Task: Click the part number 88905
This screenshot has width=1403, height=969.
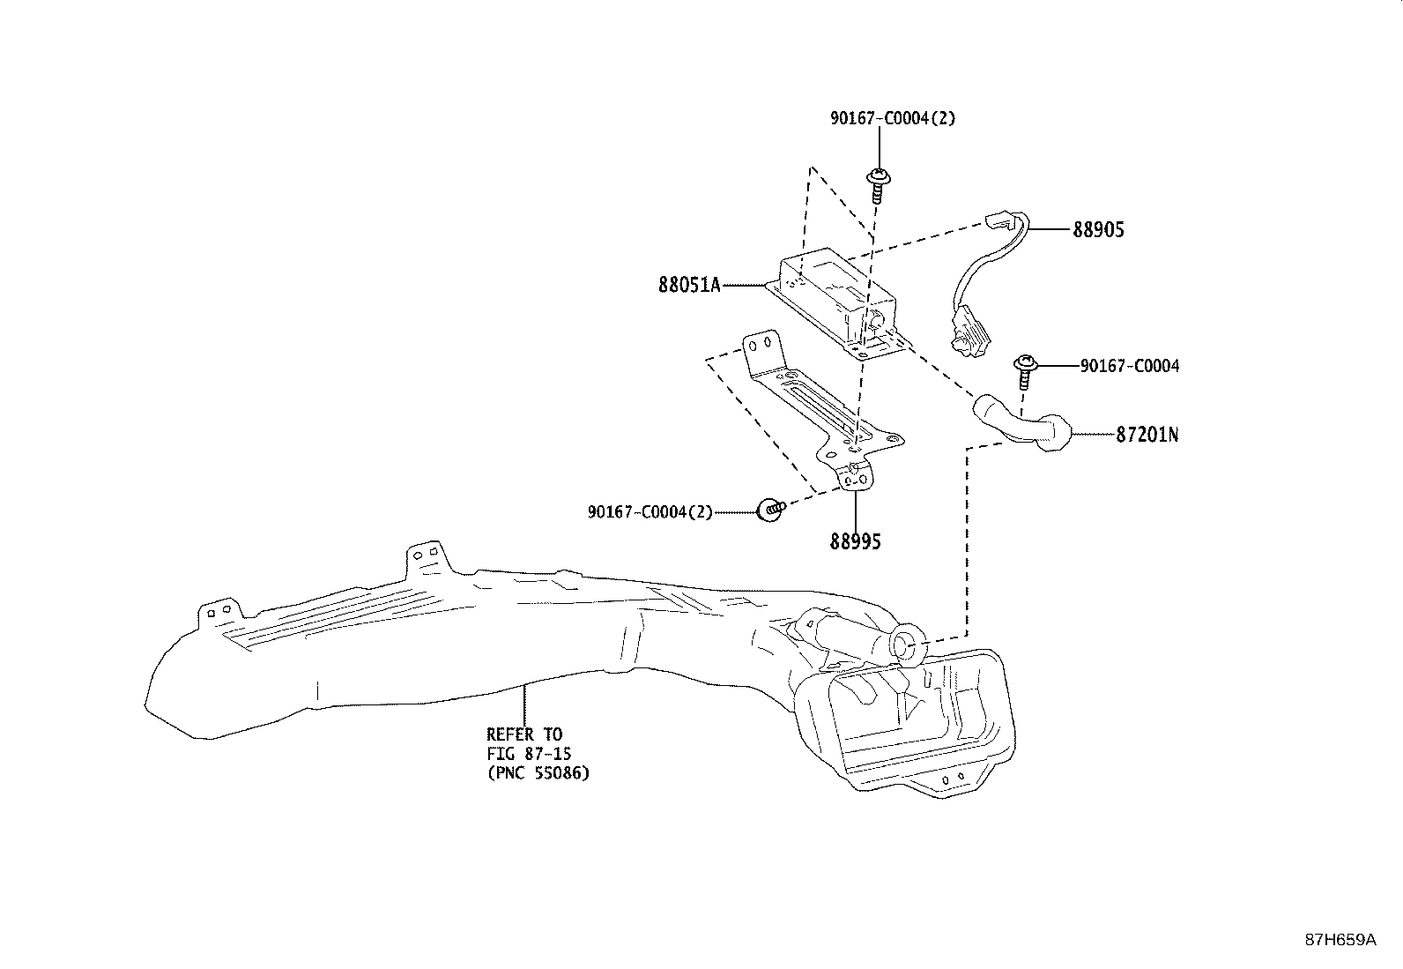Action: (x=1098, y=230)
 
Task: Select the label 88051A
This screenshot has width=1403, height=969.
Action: (x=689, y=285)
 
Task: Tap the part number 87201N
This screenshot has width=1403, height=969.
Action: (x=1147, y=435)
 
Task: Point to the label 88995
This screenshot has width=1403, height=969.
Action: (x=855, y=541)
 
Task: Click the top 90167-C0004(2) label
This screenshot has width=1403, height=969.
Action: (x=892, y=118)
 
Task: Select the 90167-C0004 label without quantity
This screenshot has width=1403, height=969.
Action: (x=1129, y=366)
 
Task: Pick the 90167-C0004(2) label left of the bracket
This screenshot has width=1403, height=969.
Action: (x=650, y=512)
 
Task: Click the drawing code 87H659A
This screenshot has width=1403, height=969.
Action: (x=1340, y=940)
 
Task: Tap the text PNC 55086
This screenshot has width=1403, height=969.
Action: (x=538, y=773)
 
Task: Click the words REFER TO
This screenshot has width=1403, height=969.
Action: (x=523, y=734)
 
